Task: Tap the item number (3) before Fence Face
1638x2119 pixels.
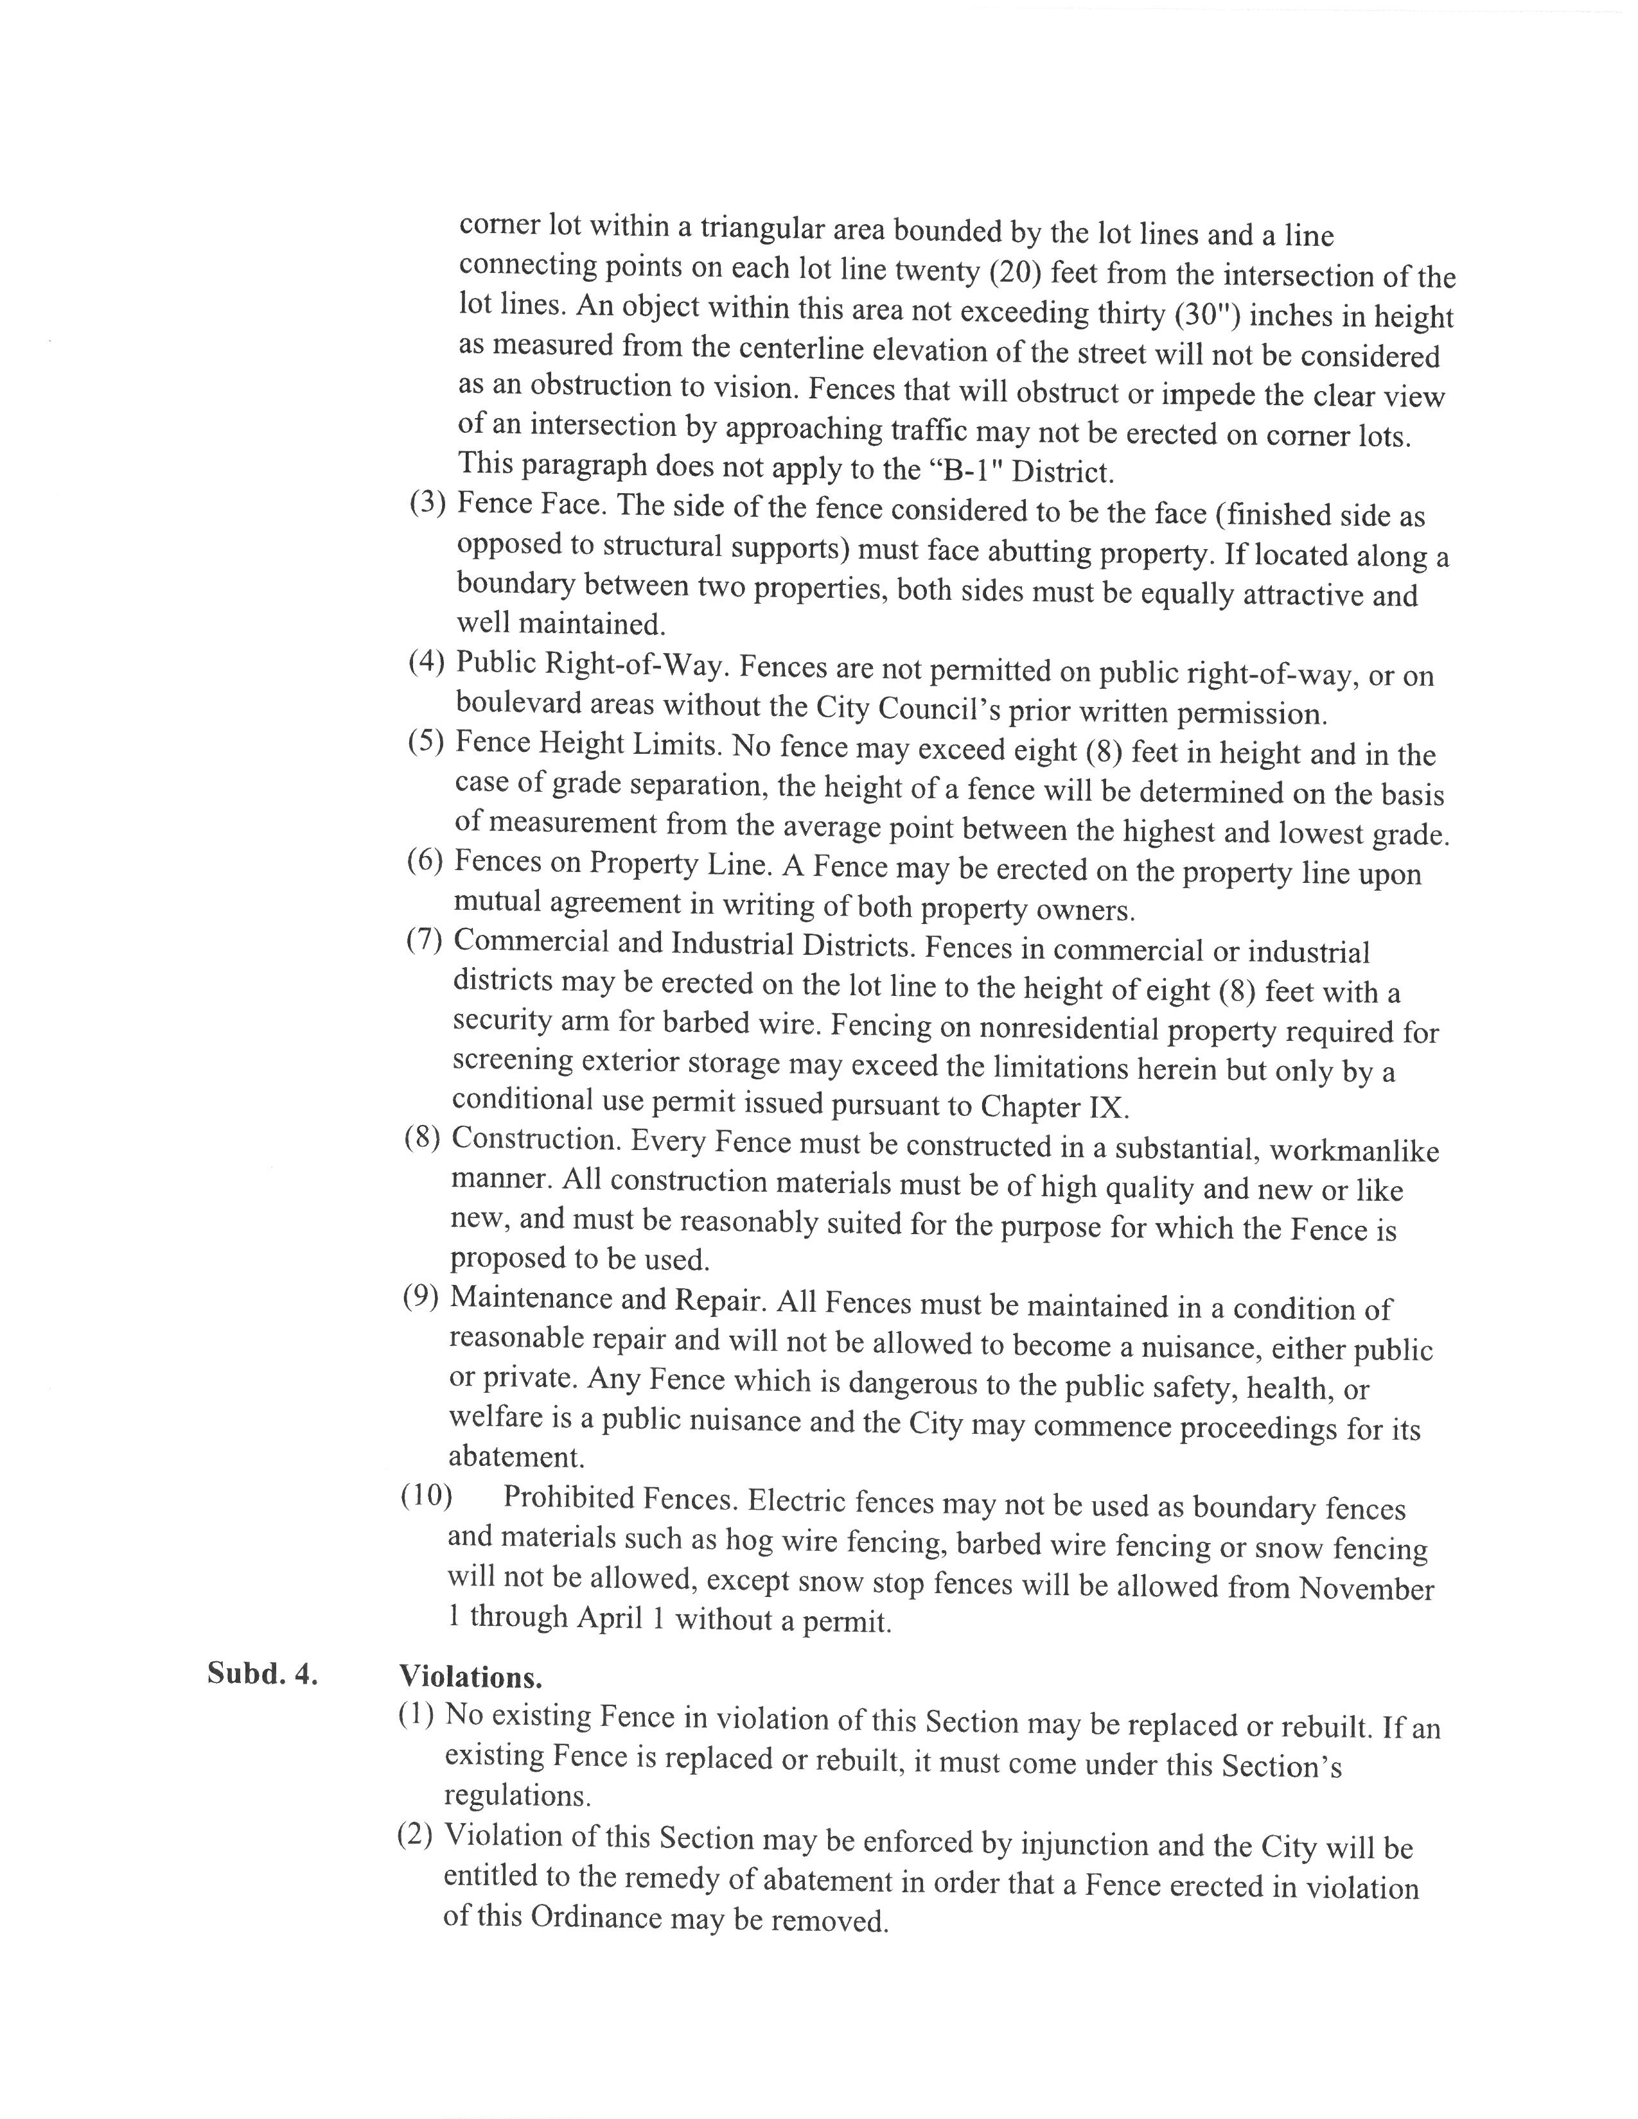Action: (x=427, y=503)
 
